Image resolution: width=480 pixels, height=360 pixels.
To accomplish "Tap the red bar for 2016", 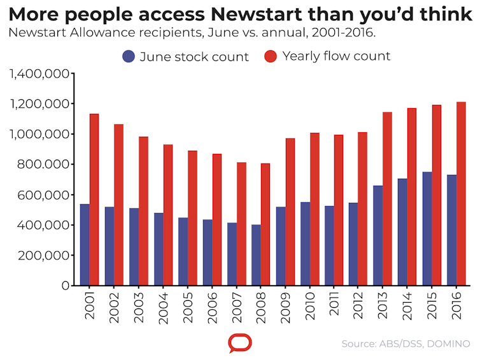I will click(x=461, y=193).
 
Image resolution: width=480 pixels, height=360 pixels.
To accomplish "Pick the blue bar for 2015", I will click(x=427, y=228).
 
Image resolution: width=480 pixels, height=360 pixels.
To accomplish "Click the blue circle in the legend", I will click(x=129, y=57).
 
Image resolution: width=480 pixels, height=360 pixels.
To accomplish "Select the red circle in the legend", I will click(x=270, y=57).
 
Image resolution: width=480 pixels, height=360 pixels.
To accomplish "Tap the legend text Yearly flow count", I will click(x=336, y=57).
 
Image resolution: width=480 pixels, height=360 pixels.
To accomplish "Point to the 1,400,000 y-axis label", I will click(x=39, y=74).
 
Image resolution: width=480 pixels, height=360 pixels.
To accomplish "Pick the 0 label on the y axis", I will click(x=66, y=286).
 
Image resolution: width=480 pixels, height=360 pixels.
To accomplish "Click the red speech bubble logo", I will click(x=240, y=343).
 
